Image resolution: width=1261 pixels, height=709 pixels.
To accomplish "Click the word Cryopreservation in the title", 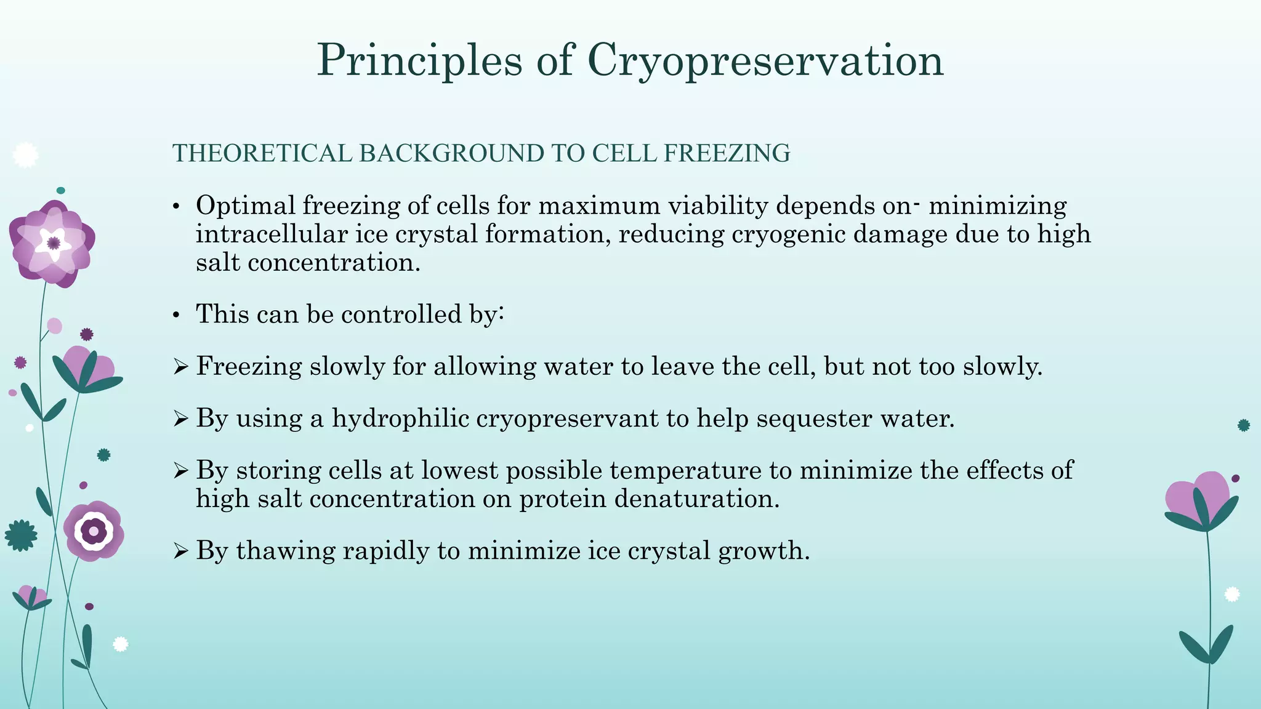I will [765, 60].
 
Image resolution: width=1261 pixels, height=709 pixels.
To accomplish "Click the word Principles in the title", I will [419, 60].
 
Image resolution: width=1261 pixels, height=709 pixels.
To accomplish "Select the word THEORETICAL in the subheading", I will [262, 153].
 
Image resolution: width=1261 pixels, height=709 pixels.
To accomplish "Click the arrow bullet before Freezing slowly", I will [180, 367].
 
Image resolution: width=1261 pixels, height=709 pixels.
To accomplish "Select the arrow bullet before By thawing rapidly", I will [180, 551].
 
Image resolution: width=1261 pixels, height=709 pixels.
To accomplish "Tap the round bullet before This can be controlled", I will [176, 316].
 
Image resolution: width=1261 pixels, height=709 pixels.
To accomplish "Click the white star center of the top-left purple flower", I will [54, 243].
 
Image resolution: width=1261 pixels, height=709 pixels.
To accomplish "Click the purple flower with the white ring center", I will [94, 531].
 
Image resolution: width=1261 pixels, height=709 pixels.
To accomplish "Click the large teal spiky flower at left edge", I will [21, 535].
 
